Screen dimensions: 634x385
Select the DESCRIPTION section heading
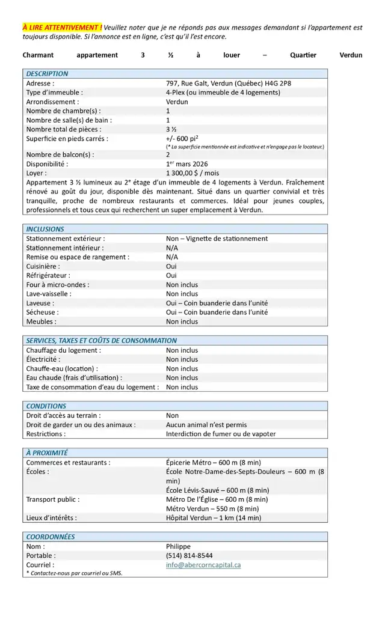click(48, 74)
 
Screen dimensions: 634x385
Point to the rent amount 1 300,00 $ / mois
click(192, 173)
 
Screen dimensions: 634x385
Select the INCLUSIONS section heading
click(45, 229)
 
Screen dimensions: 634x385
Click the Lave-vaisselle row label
click(49, 294)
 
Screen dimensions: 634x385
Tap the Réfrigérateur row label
click(48, 275)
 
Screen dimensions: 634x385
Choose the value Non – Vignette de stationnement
click(217, 239)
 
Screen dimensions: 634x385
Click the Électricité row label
click(43, 359)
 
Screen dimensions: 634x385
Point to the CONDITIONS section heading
click(46, 406)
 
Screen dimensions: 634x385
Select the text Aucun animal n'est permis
click(206, 424)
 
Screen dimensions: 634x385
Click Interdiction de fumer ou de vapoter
click(221, 434)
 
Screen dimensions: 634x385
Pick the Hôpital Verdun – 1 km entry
click(214, 517)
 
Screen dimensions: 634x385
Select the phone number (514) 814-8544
click(189, 556)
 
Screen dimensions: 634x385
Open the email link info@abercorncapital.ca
click(203, 565)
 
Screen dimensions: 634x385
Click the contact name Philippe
click(178, 546)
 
